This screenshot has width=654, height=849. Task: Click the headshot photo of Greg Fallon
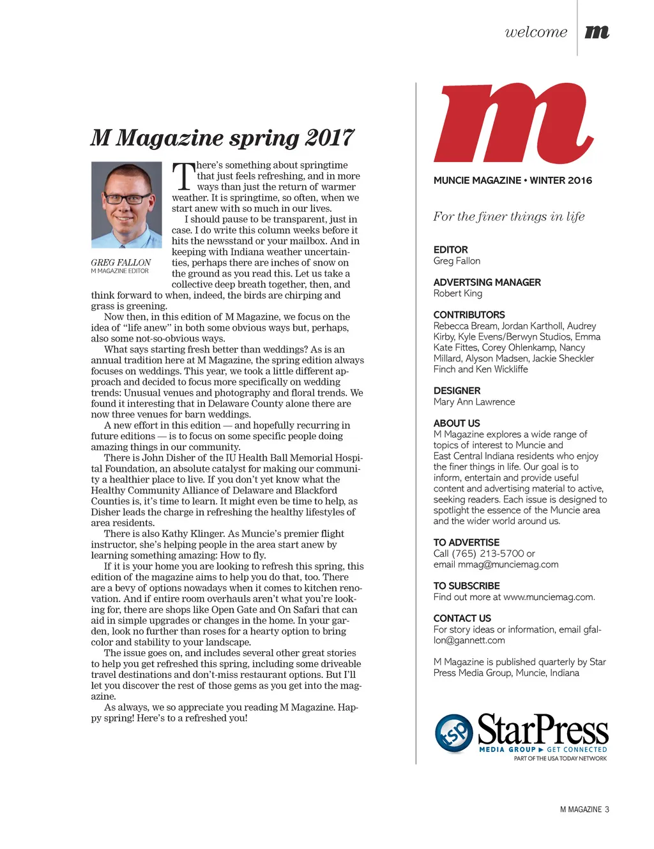pyautogui.click(x=126, y=204)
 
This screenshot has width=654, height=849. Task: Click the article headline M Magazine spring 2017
pyautogui.click(x=222, y=138)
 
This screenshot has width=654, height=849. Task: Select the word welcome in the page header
pyautogui.click(x=536, y=32)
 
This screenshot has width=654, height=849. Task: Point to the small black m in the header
pyautogui.click(x=597, y=31)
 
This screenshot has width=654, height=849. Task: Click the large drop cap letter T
pyautogui.click(x=183, y=176)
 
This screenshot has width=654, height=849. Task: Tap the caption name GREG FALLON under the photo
pyautogui.click(x=121, y=262)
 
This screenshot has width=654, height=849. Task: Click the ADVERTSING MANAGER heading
pyautogui.click(x=487, y=282)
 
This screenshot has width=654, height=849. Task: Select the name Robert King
pyautogui.click(x=458, y=294)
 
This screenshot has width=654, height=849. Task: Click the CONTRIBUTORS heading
pyautogui.click(x=469, y=315)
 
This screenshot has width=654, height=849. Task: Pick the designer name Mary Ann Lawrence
pyautogui.click(x=474, y=402)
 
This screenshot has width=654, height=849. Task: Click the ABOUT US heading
pyautogui.click(x=457, y=423)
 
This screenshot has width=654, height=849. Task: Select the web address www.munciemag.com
pyautogui.click(x=548, y=597)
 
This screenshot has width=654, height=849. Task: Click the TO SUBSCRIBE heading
pyautogui.click(x=466, y=586)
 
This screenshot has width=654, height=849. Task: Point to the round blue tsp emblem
pyautogui.click(x=454, y=733)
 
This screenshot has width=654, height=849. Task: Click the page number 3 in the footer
pyautogui.click(x=607, y=809)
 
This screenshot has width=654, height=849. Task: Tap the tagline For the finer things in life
pyautogui.click(x=509, y=216)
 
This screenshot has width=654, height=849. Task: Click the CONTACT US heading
pyautogui.click(x=462, y=619)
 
